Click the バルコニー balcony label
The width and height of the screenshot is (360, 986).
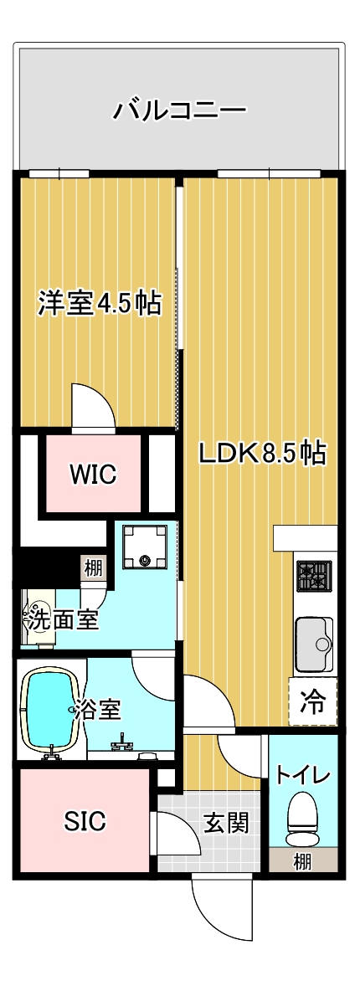click(179, 110)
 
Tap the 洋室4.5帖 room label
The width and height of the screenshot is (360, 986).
click(100, 304)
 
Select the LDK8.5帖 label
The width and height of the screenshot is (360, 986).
click(262, 453)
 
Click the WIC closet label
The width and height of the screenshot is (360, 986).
click(93, 474)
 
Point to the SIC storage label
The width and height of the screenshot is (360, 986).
click(86, 819)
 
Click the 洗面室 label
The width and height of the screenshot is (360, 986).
click(64, 620)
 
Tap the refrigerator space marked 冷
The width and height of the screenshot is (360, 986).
click(313, 702)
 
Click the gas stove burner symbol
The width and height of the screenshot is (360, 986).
click(313, 576)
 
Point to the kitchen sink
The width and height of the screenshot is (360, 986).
click(314, 644)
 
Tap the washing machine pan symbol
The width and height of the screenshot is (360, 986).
click(146, 546)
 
